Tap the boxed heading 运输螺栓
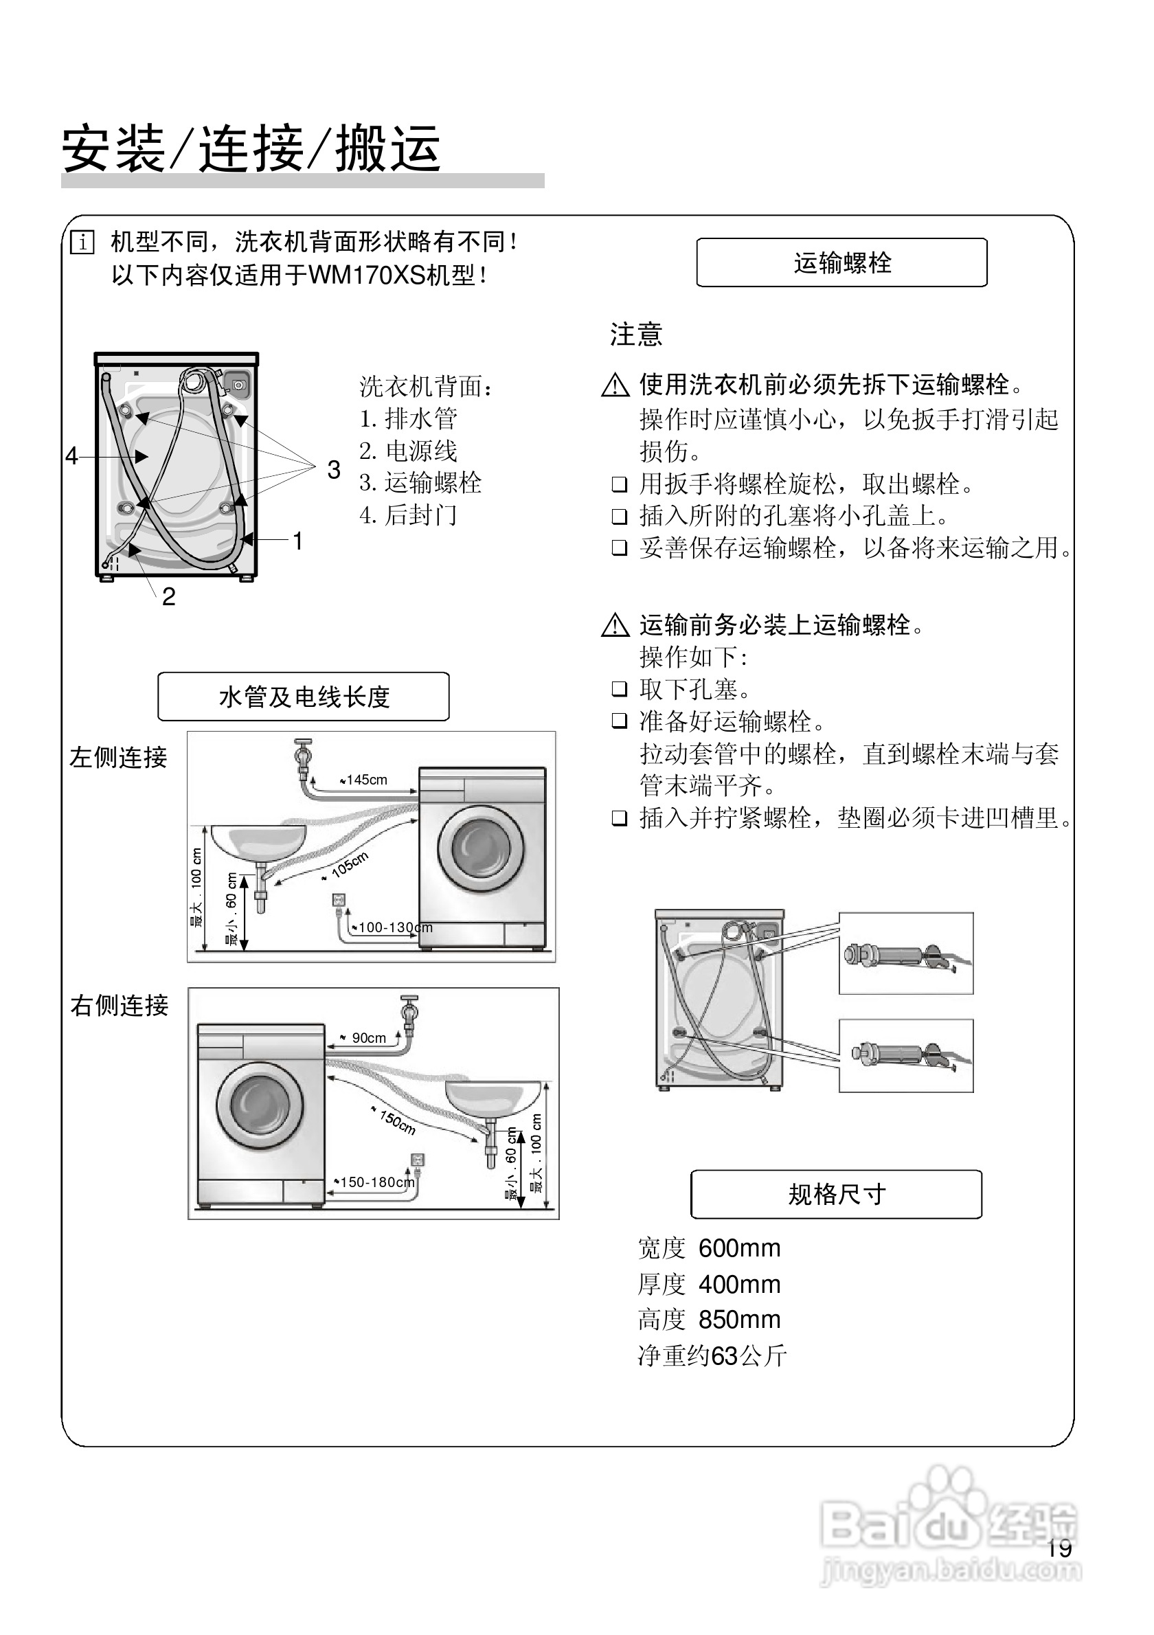[841, 262]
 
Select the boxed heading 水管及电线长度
[304, 697]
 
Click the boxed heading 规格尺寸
[836, 1194]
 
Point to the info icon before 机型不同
[82, 243]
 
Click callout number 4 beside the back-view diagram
[71, 455]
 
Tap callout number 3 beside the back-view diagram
[333, 469]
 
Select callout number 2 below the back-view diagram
[168, 596]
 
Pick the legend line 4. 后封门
[408, 515]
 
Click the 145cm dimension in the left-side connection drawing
[366, 780]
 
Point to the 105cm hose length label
[349, 864]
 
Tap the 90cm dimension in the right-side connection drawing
[368, 1038]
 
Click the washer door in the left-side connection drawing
[481, 850]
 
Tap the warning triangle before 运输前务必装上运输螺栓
[615, 626]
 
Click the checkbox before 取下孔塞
[620, 688]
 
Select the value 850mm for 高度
[739, 1320]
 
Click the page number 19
[1059, 1547]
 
